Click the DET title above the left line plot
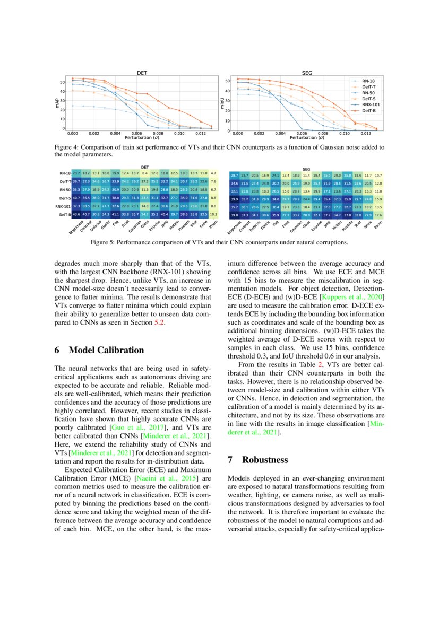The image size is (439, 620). coord(142,73)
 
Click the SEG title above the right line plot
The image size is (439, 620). coord(307,73)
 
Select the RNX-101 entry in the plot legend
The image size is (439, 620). coord(365,104)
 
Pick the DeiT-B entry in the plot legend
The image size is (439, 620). coord(363,110)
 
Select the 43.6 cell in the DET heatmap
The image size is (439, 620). coord(76,214)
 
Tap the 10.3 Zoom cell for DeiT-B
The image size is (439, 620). coord(213,214)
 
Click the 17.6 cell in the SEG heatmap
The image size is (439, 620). coord(378,216)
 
